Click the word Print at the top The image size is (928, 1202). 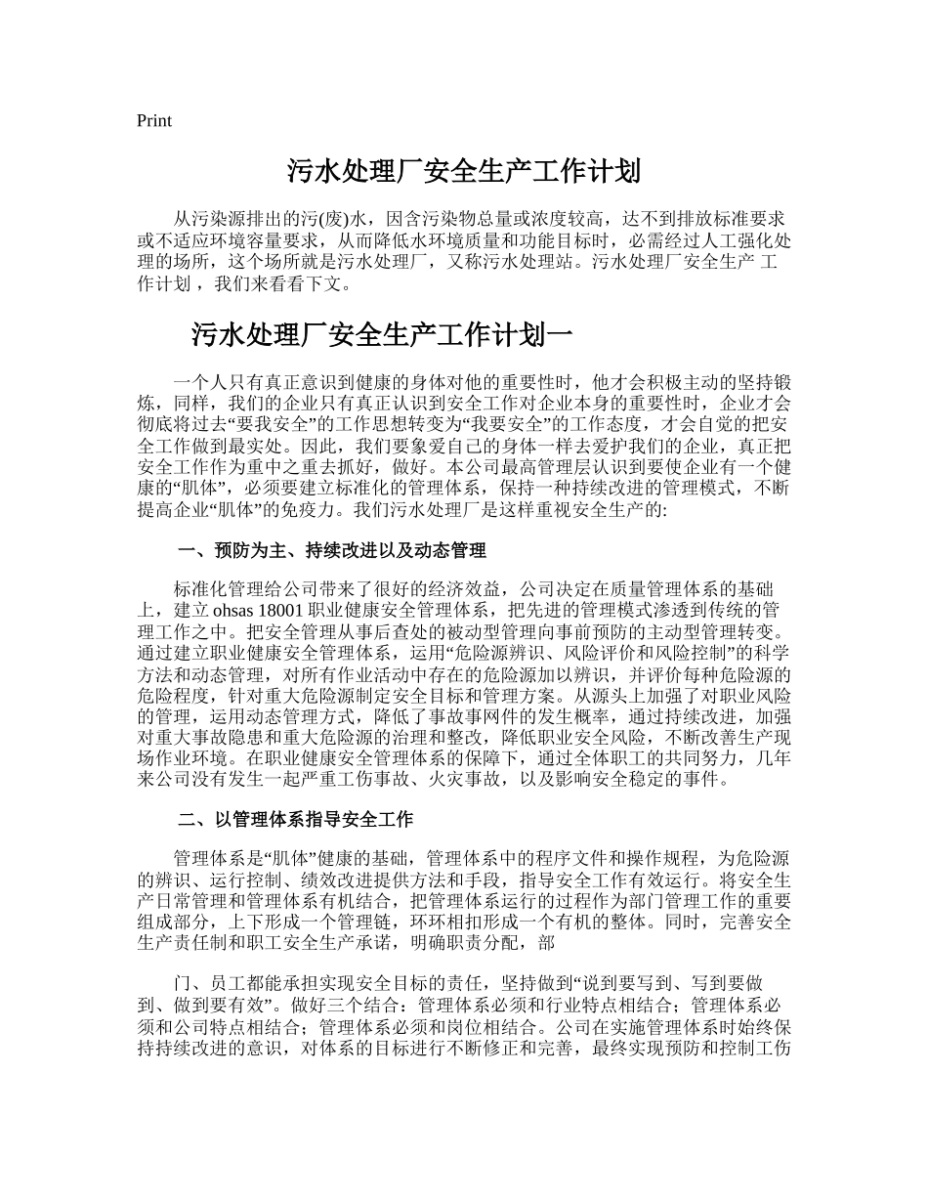pyautogui.click(x=154, y=121)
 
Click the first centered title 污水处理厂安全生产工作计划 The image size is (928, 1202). pyautogui.click(x=463, y=173)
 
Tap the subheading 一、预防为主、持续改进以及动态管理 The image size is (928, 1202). pyautogui.click(x=332, y=551)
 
